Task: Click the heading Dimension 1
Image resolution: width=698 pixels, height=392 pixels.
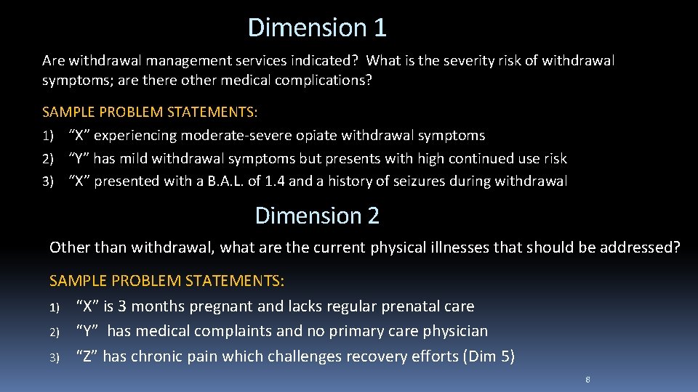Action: tap(317, 28)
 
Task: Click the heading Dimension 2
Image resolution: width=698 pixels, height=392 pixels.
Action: tap(317, 216)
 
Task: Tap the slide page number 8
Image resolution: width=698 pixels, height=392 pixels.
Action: tap(587, 380)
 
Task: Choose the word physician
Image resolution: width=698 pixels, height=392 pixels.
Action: tap(452, 331)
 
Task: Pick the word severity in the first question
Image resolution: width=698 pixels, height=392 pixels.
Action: tap(445, 60)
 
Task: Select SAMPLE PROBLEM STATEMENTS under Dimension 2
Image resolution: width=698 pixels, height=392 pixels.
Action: tap(167, 280)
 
